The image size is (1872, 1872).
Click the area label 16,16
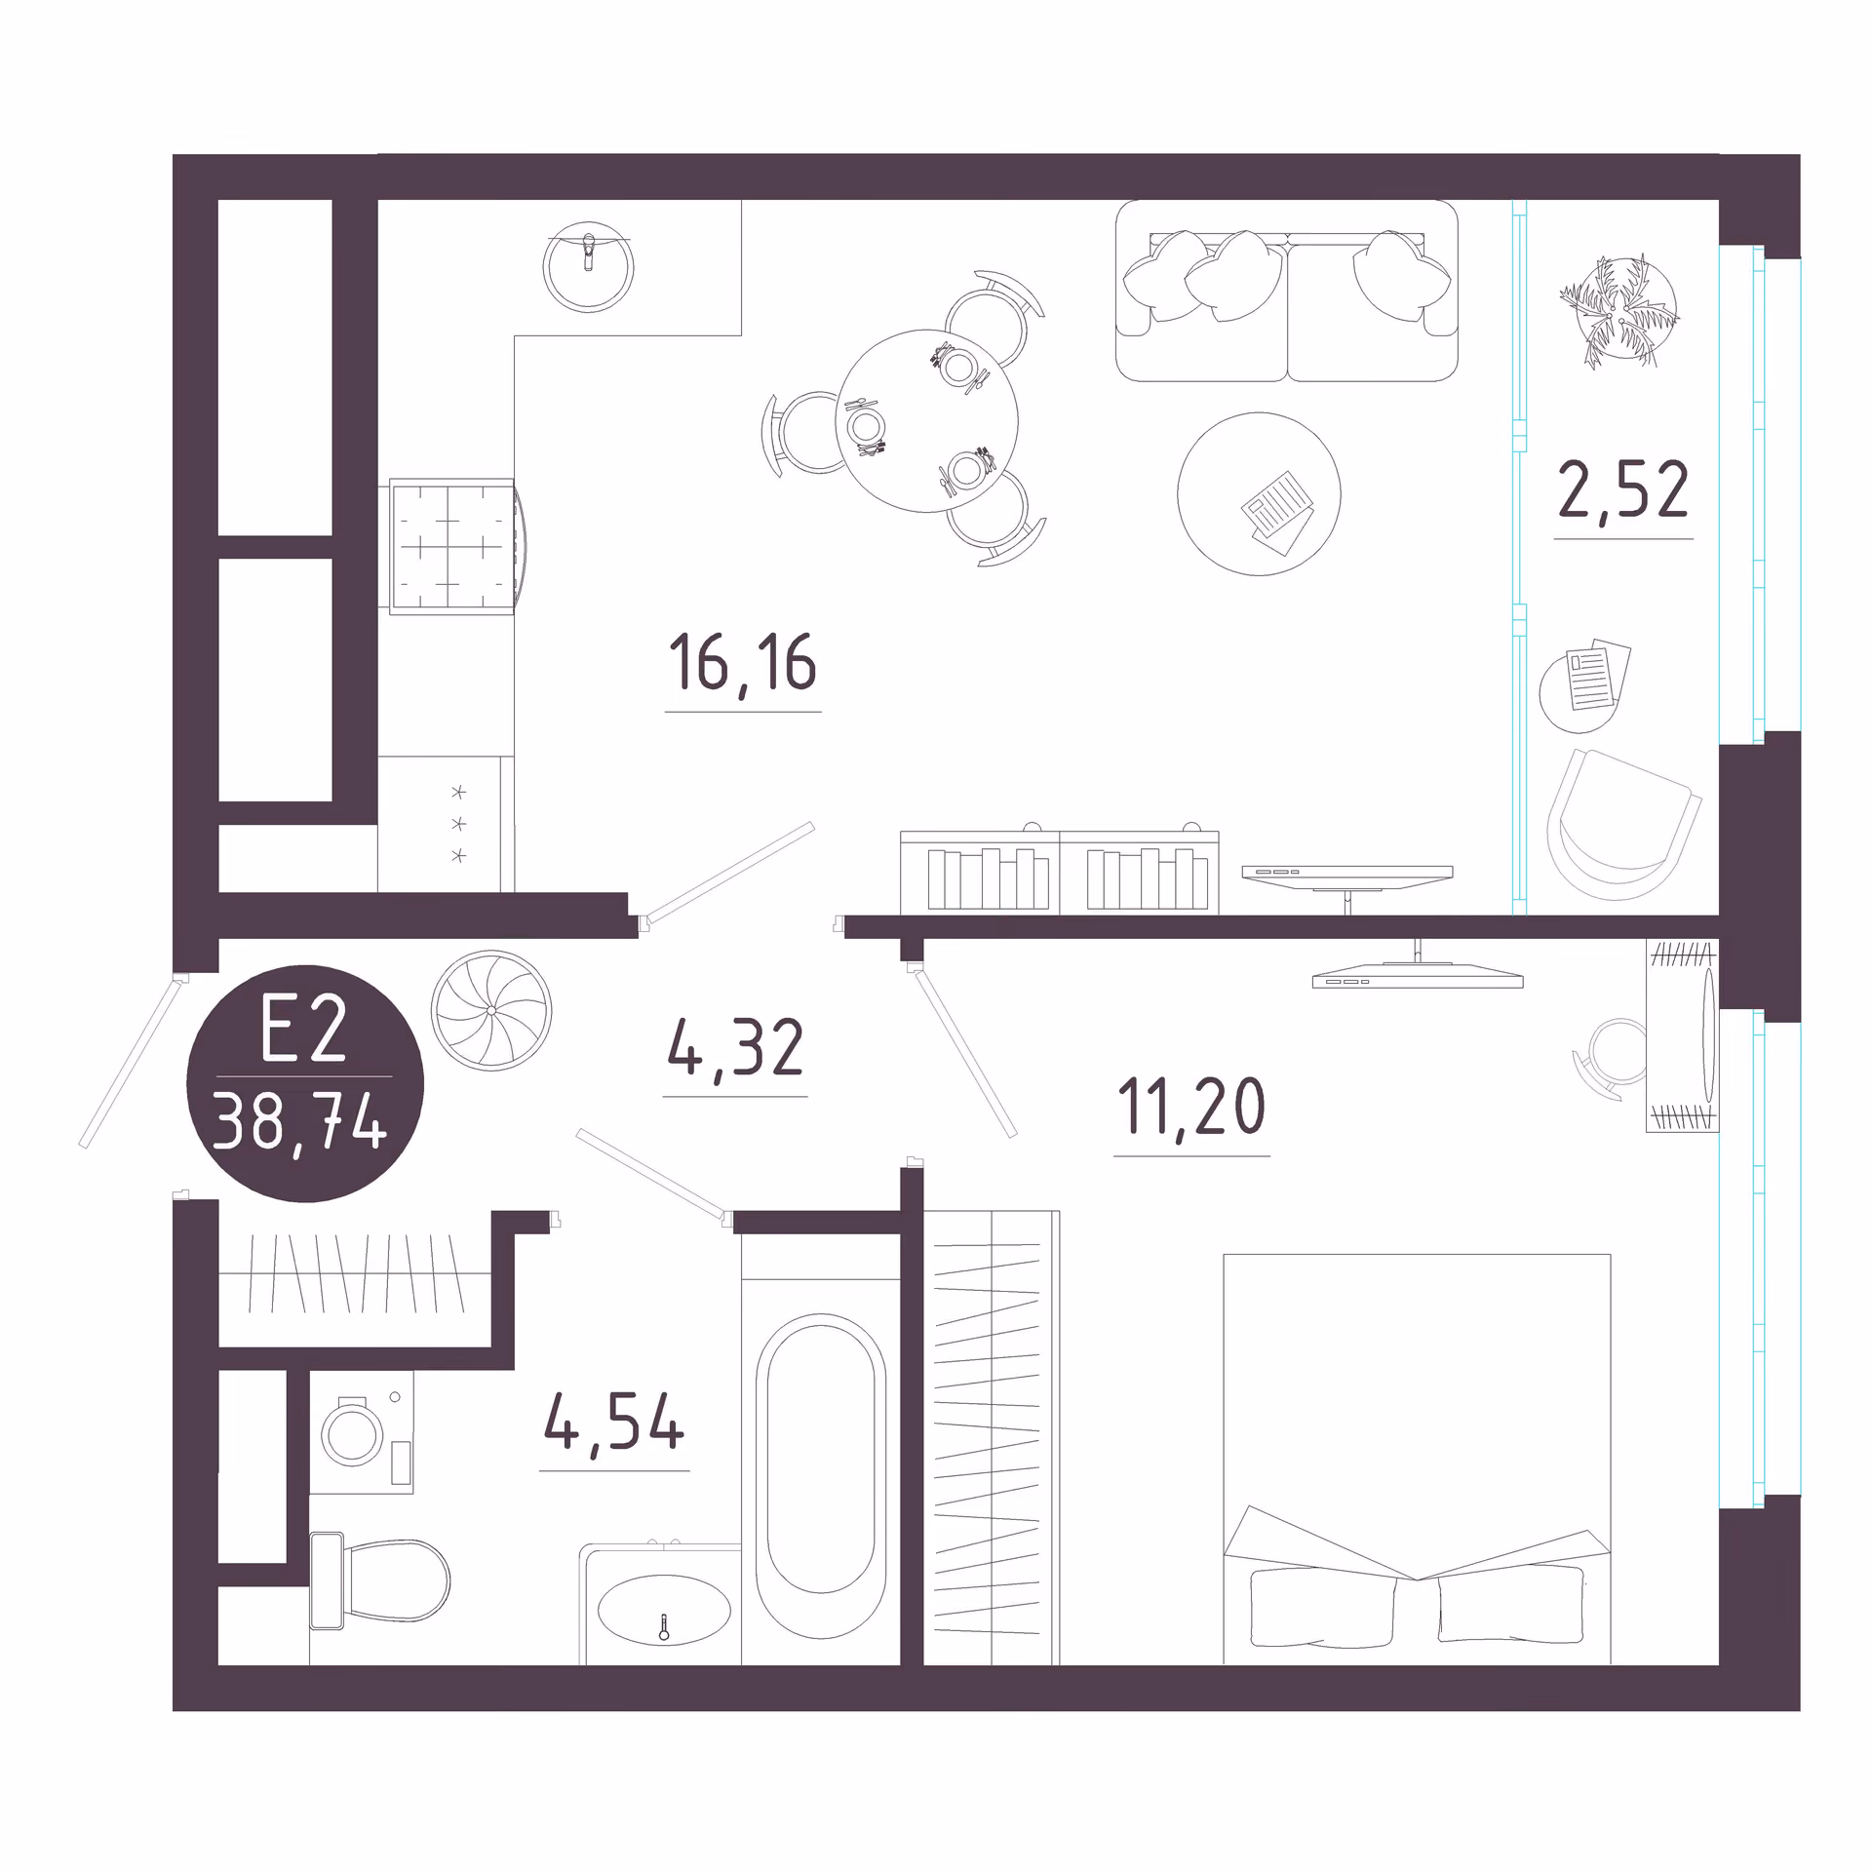[743, 663]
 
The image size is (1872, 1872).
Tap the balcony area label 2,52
[1623, 490]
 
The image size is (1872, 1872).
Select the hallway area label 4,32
[736, 1047]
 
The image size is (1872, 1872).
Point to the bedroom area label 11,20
[1191, 1106]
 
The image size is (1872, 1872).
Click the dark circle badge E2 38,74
[305, 1083]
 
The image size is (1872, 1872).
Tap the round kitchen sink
[589, 267]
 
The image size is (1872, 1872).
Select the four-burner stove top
[451, 546]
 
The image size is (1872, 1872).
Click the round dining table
[926, 421]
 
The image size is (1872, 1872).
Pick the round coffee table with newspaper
[1259, 494]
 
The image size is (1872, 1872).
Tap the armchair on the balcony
[1622, 825]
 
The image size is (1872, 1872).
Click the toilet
[380, 1580]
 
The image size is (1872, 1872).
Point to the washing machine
[362, 1431]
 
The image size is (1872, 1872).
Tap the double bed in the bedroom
[1417, 1459]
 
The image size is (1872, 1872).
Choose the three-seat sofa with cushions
[1286, 291]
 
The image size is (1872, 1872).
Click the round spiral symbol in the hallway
[491, 1010]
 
